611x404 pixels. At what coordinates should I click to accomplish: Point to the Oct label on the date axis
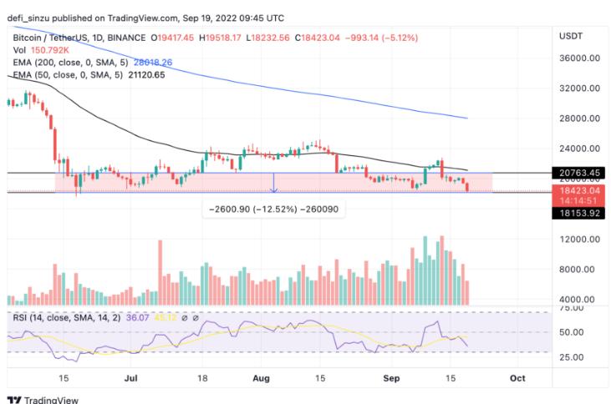517,378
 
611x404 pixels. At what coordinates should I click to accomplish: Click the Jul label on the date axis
130,378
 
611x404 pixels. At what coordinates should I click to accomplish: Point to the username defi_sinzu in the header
32,17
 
